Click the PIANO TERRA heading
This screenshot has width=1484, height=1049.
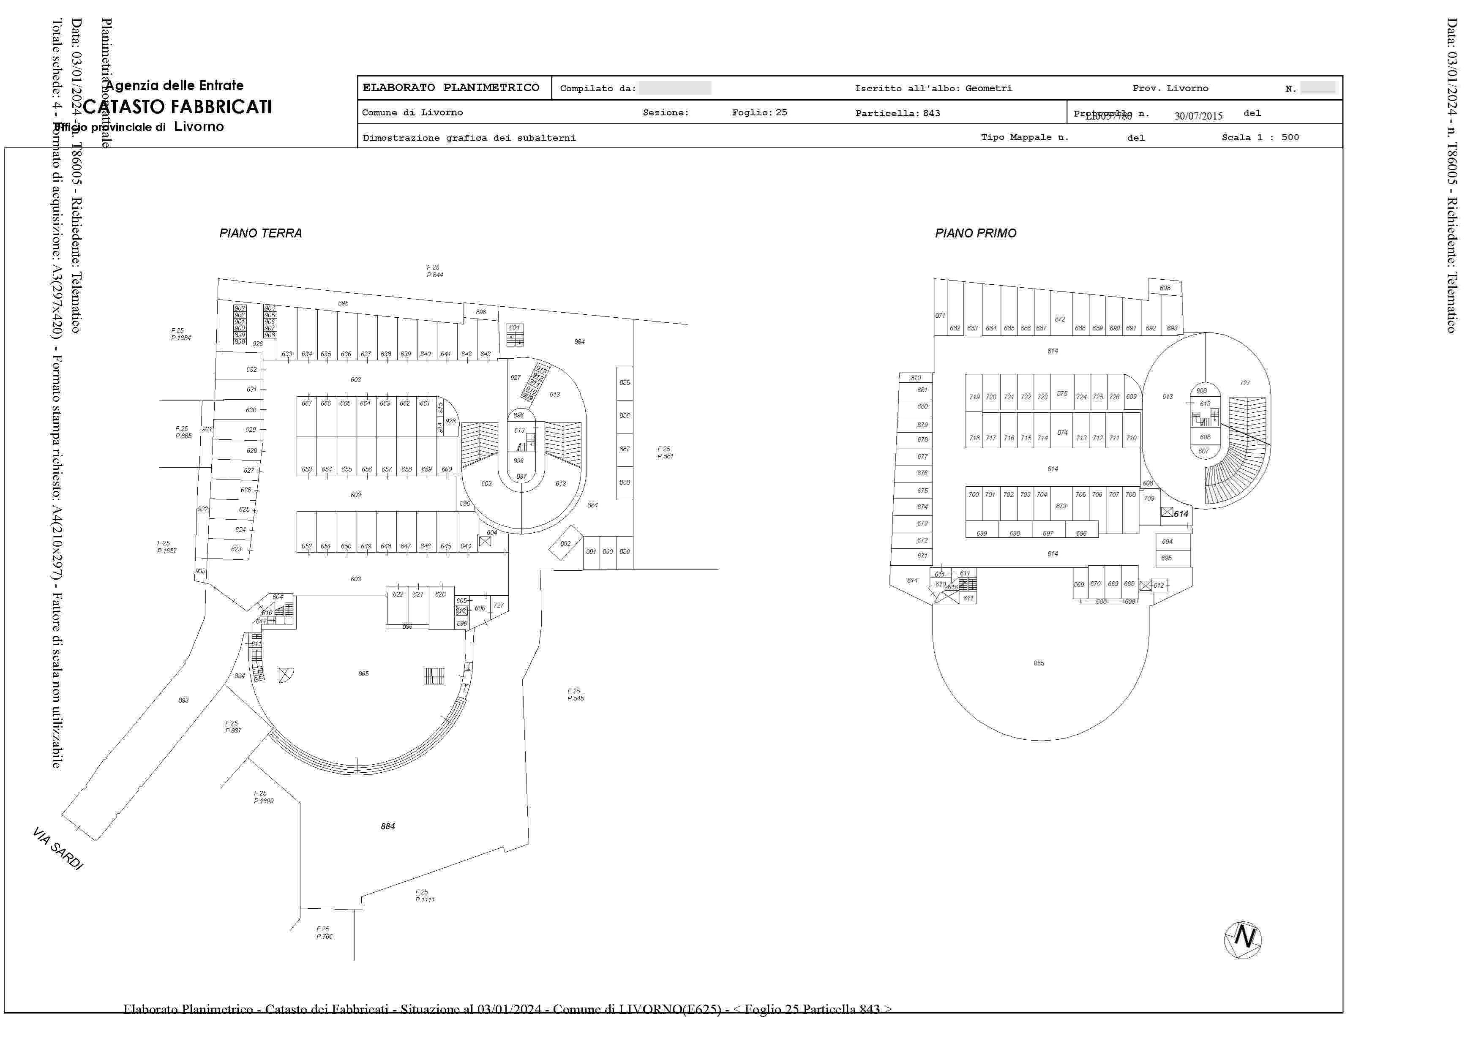(260, 233)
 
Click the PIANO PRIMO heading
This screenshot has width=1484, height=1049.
(975, 233)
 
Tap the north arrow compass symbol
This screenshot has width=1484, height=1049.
(1242, 940)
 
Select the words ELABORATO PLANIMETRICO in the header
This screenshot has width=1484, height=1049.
(451, 88)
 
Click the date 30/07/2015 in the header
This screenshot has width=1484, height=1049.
(1198, 116)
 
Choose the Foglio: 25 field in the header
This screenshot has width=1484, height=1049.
(759, 112)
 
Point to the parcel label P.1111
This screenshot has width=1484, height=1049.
(425, 900)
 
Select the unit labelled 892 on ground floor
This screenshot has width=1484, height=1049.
(565, 544)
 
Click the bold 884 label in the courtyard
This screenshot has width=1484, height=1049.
(388, 826)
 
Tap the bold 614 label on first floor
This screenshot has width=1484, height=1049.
(1181, 514)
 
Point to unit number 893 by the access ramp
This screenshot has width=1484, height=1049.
(183, 700)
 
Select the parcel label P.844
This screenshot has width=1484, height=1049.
(434, 275)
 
